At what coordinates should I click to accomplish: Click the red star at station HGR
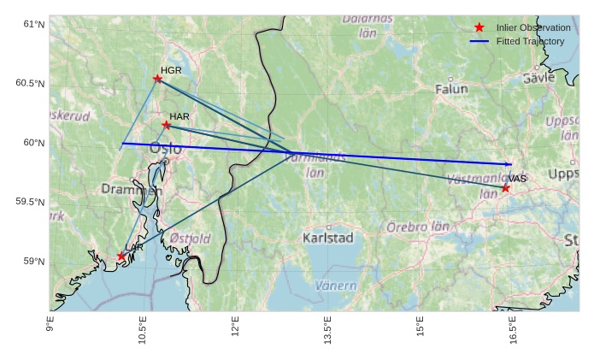point(157,79)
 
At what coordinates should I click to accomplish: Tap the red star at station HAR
point(167,125)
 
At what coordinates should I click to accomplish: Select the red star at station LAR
point(121,257)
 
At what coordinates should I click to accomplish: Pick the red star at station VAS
point(506,188)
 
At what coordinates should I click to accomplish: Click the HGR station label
point(171,70)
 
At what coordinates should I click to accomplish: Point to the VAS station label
point(517,179)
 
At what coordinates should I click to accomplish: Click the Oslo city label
point(166,149)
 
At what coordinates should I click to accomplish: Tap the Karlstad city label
point(327,238)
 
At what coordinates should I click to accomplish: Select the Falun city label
point(451,88)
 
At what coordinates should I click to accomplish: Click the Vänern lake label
point(335,285)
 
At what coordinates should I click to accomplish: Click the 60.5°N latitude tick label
point(30,83)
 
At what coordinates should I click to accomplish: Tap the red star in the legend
point(479,28)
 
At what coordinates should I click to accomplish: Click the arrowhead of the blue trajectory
point(509,164)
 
